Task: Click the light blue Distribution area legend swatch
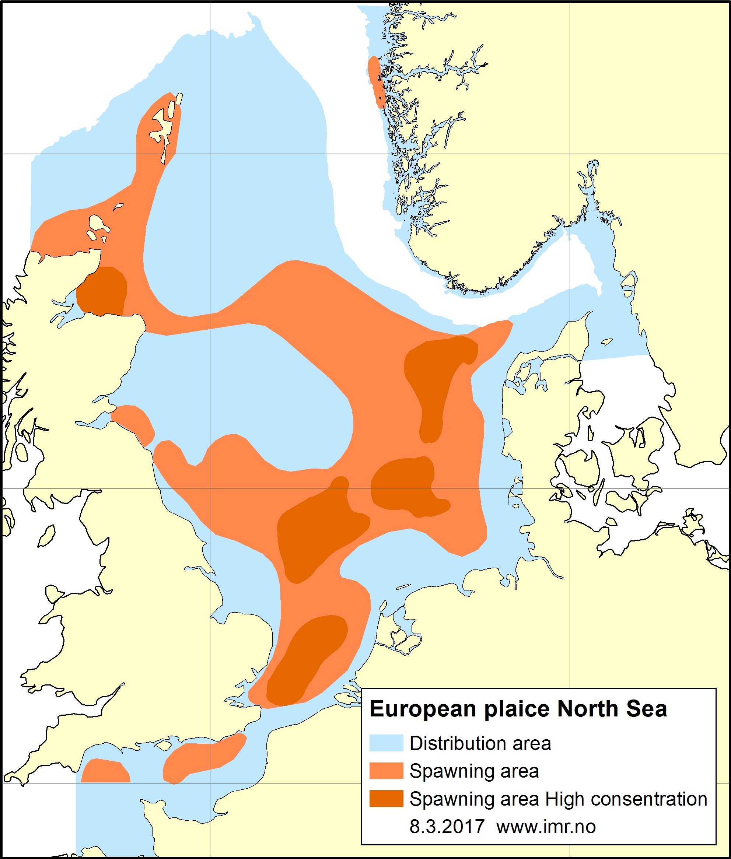(x=386, y=743)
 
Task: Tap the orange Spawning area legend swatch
(x=386, y=771)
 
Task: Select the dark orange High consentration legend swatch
(x=386, y=799)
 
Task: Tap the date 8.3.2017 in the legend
(x=447, y=827)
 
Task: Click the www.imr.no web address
(x=546, y=827)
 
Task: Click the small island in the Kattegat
(x=607, y=342)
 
